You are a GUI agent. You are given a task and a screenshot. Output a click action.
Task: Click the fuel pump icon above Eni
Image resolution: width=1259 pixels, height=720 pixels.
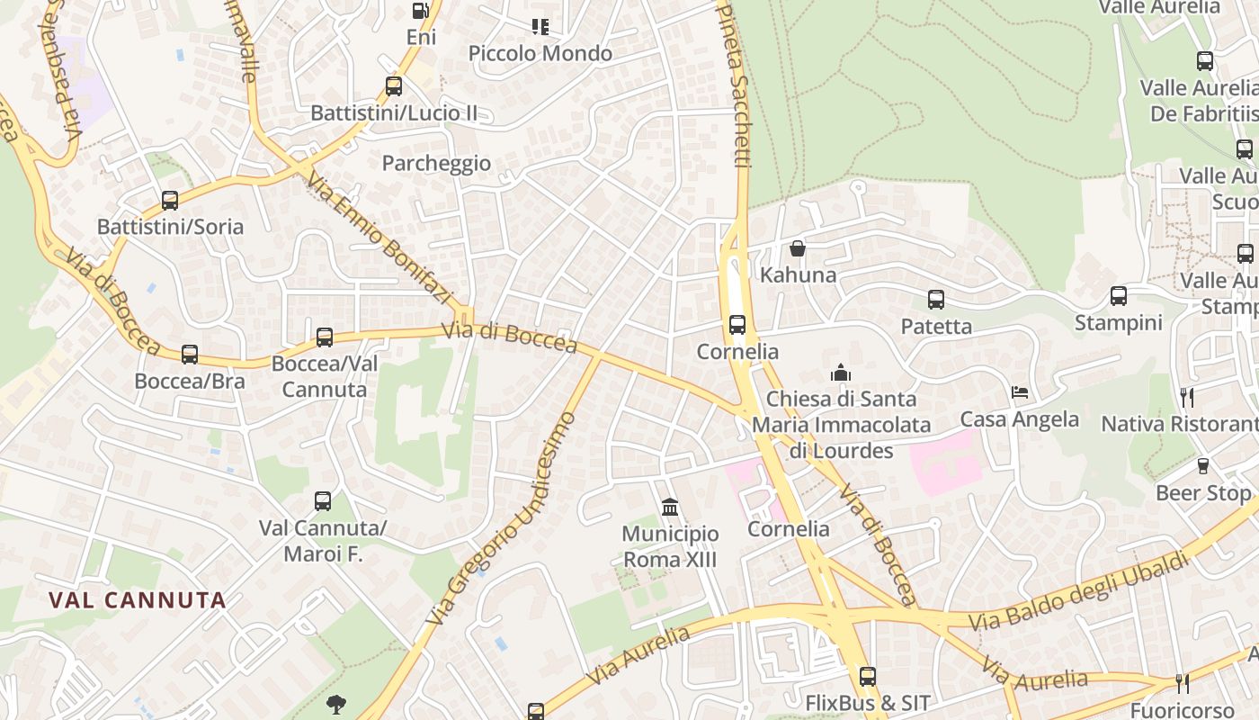coord(420,11)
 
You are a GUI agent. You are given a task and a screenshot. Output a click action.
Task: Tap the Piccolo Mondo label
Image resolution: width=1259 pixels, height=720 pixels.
coord(540,54)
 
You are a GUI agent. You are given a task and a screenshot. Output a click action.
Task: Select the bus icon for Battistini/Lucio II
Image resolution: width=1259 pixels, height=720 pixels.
coord(393,86)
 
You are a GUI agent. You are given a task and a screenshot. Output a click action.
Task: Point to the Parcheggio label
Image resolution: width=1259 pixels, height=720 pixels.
coord(436,163)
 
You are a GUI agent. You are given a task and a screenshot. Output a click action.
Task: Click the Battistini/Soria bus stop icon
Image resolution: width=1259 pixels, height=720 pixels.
coord(170,200)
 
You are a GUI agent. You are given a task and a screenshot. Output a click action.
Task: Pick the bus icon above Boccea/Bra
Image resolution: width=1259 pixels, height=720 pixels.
coord(189,355)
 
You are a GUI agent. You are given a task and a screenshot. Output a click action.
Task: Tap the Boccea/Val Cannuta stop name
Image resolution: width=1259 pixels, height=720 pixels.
coord(325,376)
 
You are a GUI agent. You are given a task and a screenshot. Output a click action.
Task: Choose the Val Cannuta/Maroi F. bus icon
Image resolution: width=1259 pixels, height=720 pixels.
coord(323,501)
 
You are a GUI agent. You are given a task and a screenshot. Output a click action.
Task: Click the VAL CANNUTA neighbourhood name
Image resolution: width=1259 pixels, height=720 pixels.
coord(137,600)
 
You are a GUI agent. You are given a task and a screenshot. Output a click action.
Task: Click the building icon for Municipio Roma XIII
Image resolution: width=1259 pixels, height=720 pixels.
coord(670,508)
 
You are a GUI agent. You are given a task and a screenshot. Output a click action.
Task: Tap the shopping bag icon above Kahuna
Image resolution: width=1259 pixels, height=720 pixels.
coord(798,248)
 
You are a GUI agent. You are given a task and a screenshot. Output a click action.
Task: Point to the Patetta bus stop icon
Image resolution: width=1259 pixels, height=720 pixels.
coord(936,300)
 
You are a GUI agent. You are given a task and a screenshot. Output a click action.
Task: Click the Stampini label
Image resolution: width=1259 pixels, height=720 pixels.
coord(1118,322)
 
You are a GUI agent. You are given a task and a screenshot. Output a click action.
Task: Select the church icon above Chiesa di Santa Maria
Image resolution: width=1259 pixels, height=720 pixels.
coord(841,373)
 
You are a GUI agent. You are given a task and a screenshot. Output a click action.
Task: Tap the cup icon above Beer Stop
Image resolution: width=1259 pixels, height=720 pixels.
coord(1202,466)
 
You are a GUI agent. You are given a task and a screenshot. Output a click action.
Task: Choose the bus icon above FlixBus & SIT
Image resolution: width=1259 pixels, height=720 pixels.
coord(867,676)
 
